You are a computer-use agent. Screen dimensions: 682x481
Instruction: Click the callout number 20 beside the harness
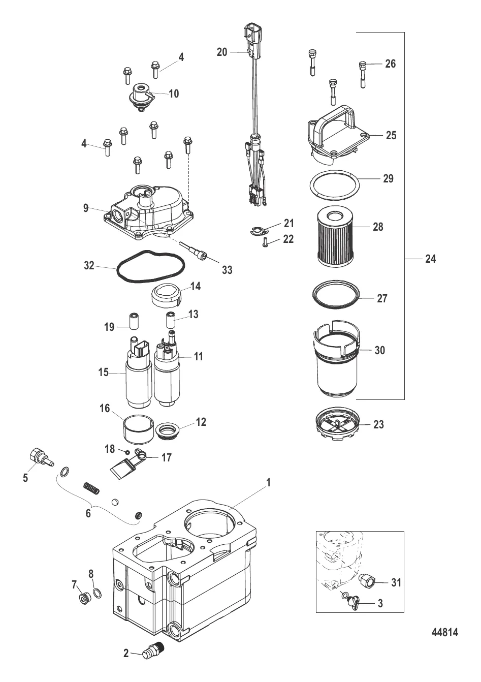coord(222,52)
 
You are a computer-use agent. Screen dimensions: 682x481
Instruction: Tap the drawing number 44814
coord(444,633)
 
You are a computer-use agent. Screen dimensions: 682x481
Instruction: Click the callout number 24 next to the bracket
coord(430,259)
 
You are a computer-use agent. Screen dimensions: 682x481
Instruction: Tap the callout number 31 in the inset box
coord(396,582)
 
